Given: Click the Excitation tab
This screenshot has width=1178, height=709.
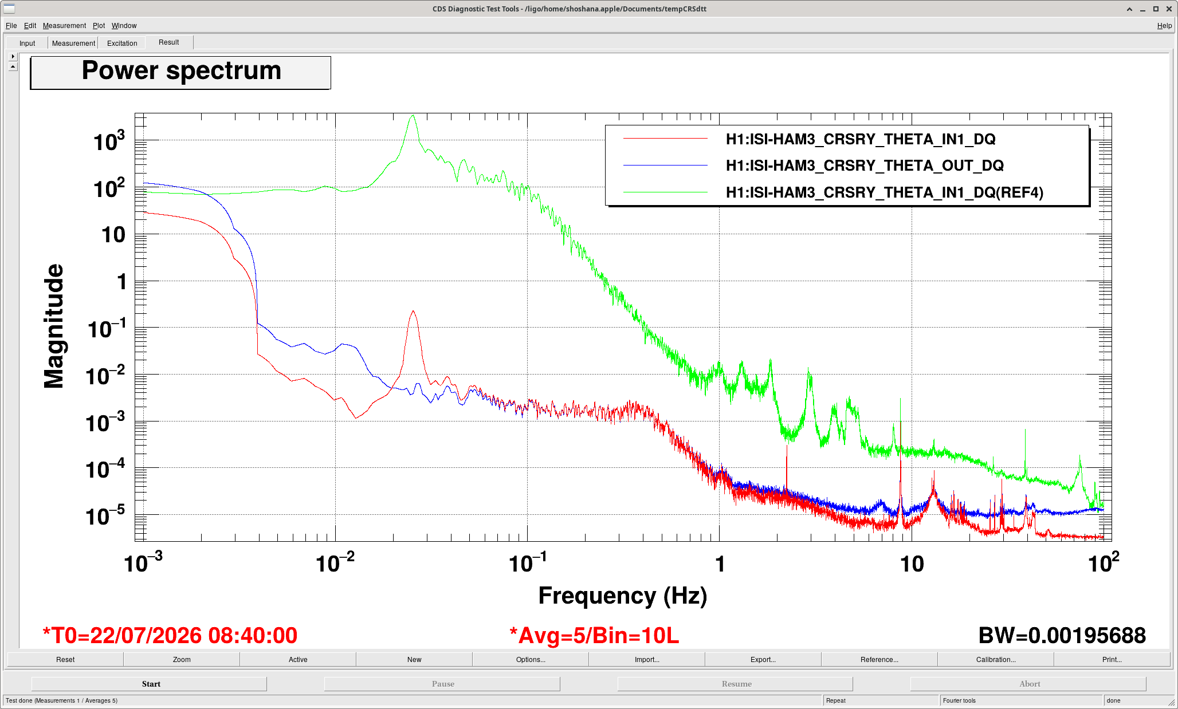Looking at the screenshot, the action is pyautogui.click(x=122, y=43).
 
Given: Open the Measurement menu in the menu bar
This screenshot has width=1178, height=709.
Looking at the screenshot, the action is pyautogui.click(x=64, y=26).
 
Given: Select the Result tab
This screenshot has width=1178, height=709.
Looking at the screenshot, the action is pyautogui.click(x=169, y=42).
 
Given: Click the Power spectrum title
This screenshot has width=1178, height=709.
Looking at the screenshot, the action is pyautogui.click(x=181, y=71).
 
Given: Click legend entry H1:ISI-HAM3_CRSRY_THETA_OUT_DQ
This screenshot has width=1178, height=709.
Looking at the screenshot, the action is pyautogui.click(x=865, y=166).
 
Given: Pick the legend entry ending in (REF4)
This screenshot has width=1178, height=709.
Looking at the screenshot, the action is pyautogui.click(x=885, y=192).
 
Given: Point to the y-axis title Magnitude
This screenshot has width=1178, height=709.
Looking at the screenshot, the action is pyautogui.click(x=54, y=326).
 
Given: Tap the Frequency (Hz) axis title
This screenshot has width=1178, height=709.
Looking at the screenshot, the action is pyautogui.click(x=623, y=596).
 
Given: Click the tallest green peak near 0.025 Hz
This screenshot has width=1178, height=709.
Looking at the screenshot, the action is pyautogui.click(x=413, y=116).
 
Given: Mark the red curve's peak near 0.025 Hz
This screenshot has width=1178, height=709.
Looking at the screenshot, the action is pyautogui.click(x=413, y=311).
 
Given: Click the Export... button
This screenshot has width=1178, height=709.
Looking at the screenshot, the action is pyautogui.click(x=763, y=660).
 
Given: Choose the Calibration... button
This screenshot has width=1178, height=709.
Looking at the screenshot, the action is pyautogui.click(x=996, y=660).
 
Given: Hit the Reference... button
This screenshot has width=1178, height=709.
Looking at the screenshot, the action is pyautogui.click(x=879, y=660).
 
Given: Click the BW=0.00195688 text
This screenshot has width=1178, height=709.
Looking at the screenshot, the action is pyautogui.click(x=1062, y=636).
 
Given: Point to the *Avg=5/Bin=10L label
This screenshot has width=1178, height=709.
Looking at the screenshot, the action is pyautogui.click(x=594, y=636).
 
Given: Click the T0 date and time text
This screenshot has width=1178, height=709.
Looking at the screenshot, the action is pyautogui.click(x=170, y=636).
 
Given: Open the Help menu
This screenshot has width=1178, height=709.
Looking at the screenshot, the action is pyautogui.click(x=1164, y=26).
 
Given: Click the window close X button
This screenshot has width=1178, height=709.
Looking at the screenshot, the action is pyautogui.click(x=1169, y=9).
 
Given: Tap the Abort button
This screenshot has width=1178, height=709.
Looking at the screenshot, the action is pyautogui.click(x=1029, y=684).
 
